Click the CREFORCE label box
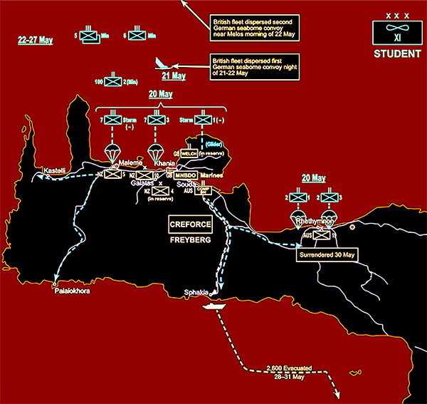(190, 224)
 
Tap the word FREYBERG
(190, 240)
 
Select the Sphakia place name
(196, 291)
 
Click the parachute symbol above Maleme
(112, 151)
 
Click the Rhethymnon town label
(315, 222)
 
